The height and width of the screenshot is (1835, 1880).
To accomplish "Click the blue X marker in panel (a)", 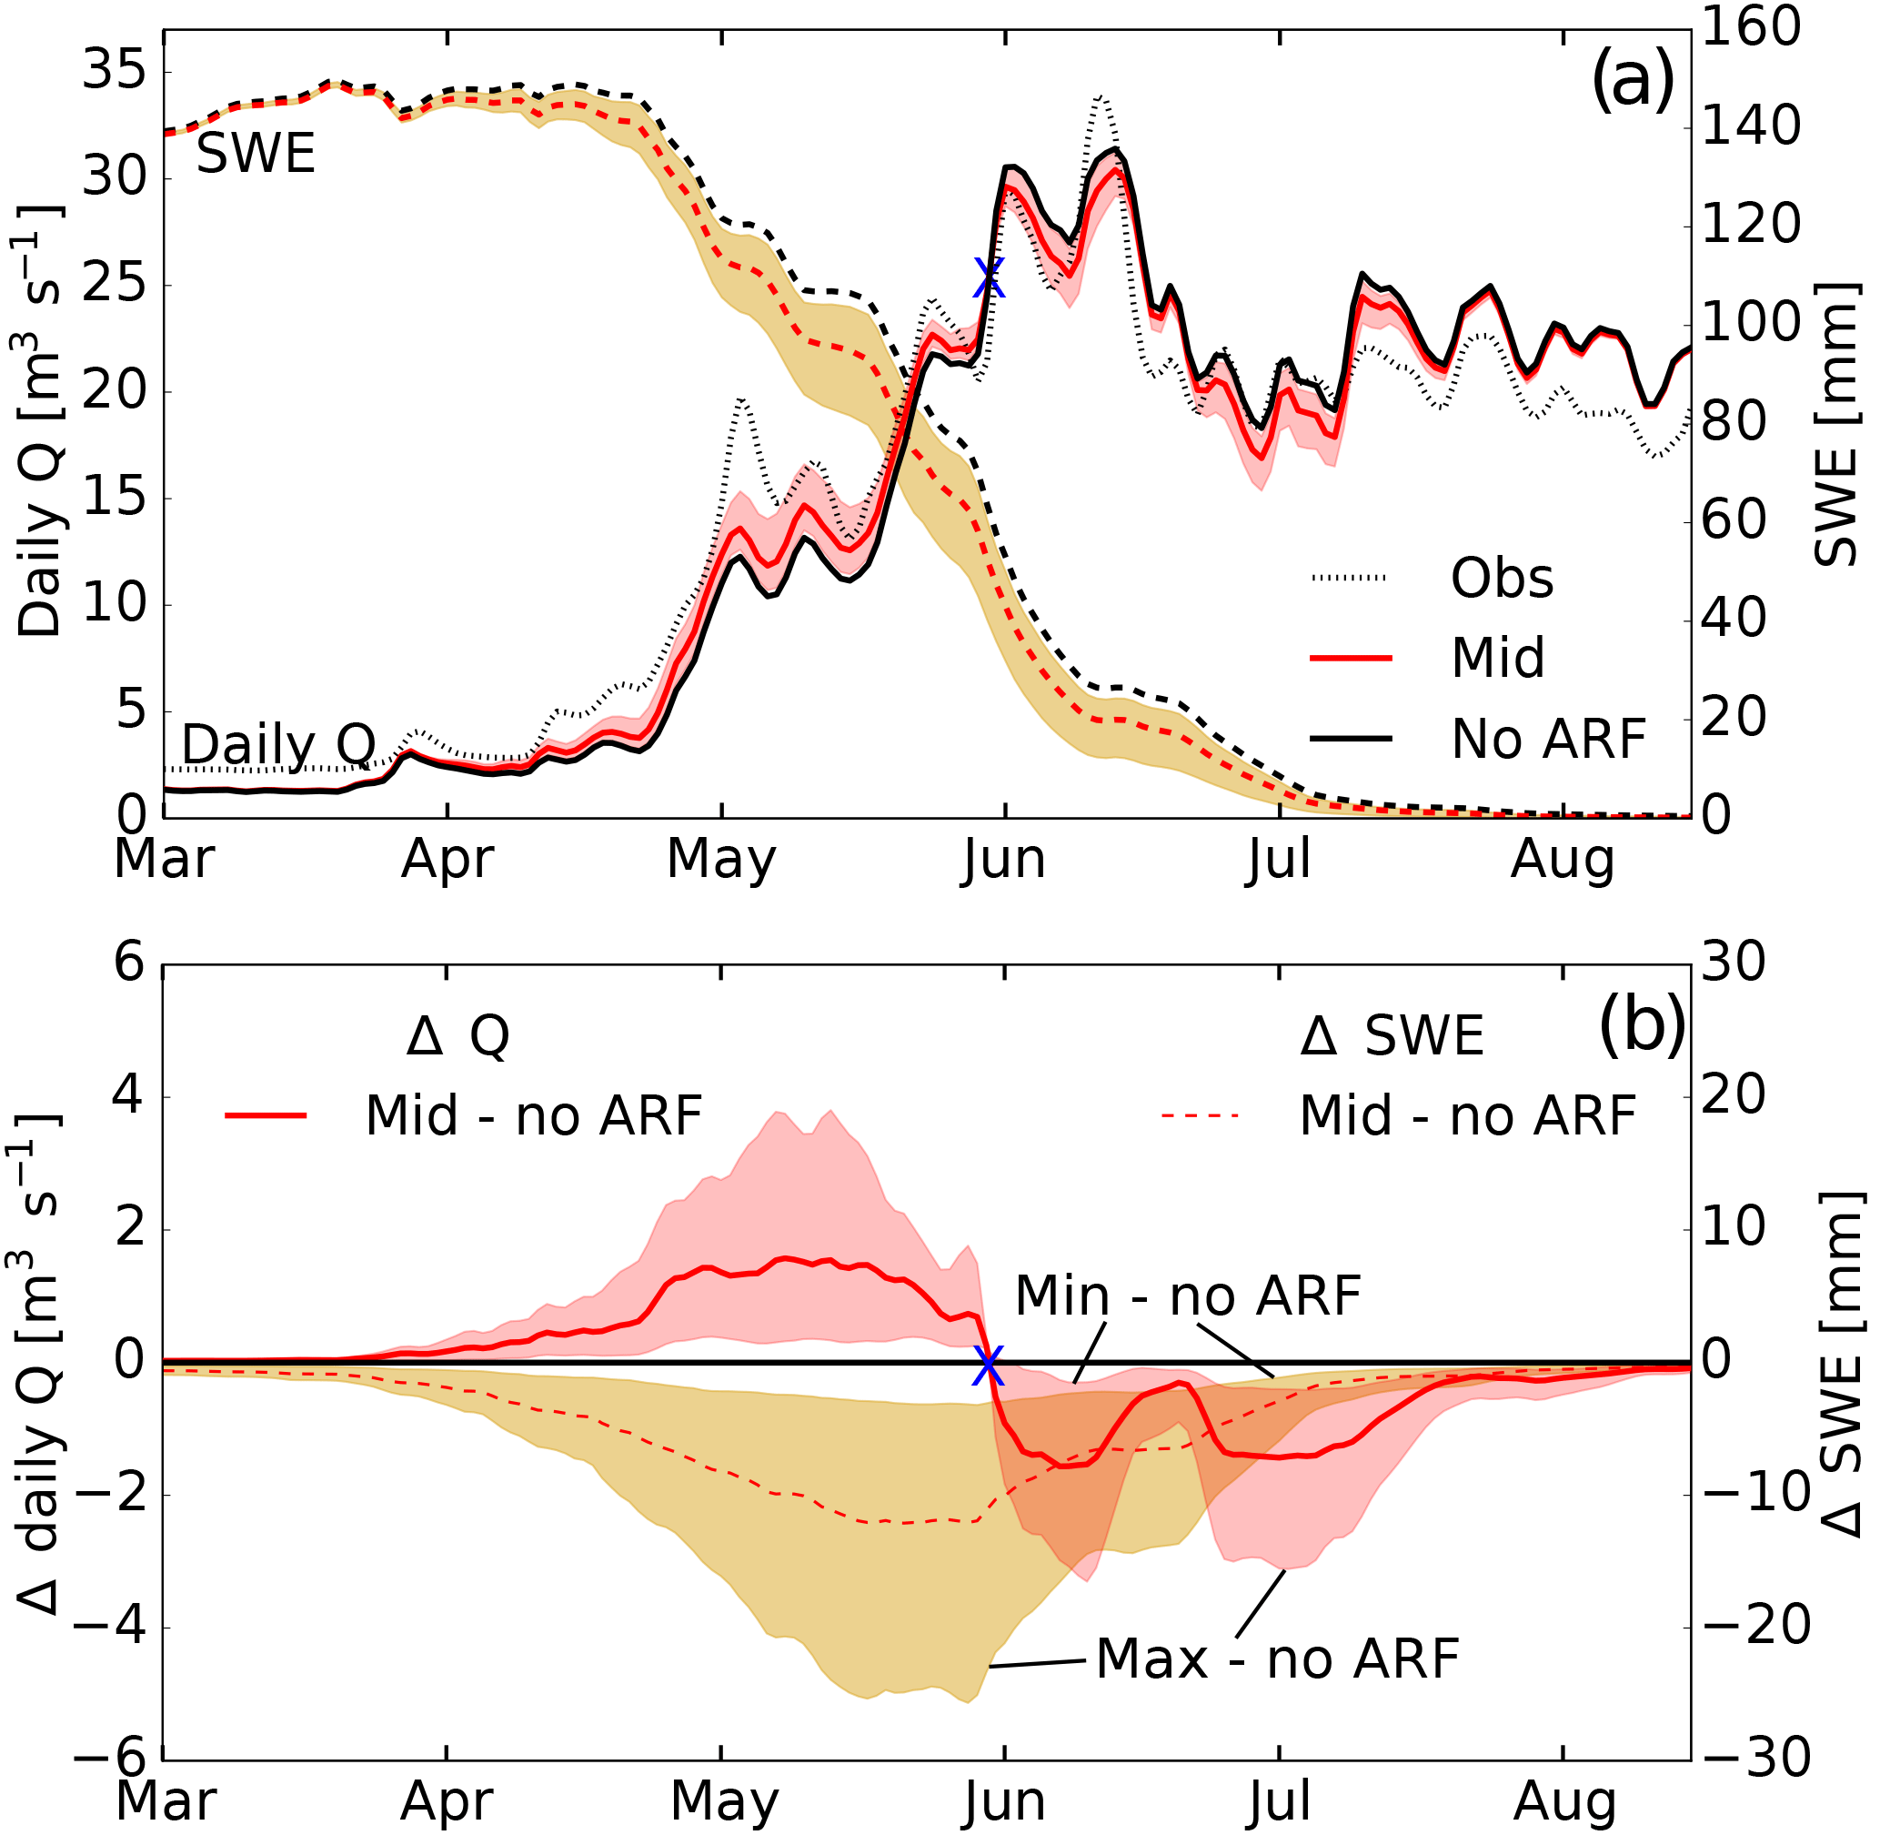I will click(989, 278).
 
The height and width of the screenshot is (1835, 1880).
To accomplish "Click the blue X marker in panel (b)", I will click(988, 1365).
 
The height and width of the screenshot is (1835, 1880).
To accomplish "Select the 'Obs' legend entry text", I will click(1503, 580).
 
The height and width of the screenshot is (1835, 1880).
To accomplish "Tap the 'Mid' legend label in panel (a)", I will click(1497, 660).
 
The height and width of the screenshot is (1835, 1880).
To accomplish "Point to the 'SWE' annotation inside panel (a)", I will click(256, 154).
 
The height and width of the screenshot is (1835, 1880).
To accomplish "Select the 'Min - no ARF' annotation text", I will click(1187, 1296).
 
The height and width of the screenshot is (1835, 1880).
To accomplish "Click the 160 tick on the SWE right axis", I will click(1750, 27).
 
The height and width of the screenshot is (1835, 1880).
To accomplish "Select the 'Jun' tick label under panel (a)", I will click(1004, 859).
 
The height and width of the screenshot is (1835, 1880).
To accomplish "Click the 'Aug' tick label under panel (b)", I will click(1565, 1802).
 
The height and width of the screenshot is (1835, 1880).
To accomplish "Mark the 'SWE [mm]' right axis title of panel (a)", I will click(1835, 424).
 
